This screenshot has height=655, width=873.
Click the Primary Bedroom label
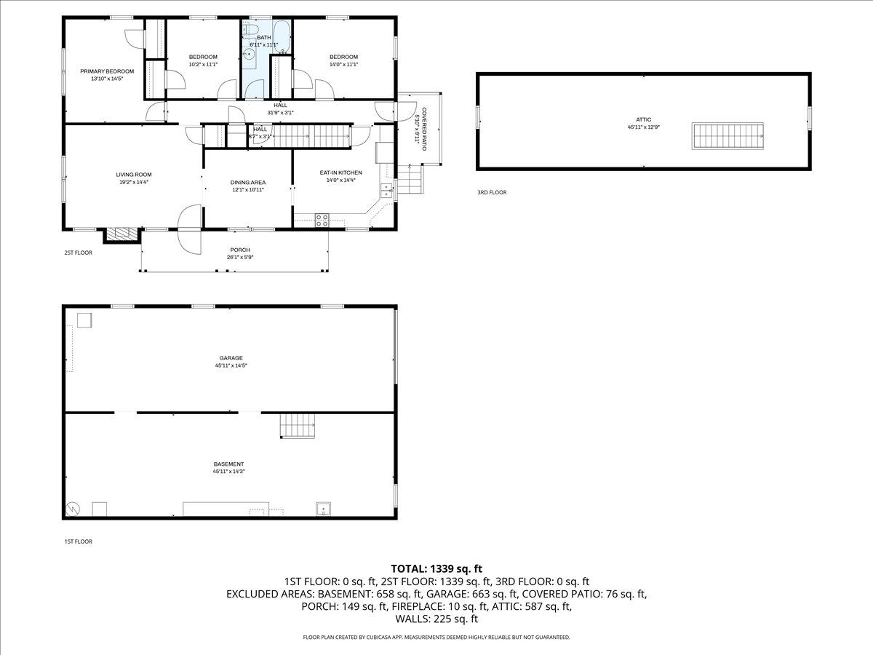(x=107, y=71)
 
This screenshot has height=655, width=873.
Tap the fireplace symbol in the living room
(x=122, y=234)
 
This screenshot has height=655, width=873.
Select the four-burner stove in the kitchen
(x=322, y=219)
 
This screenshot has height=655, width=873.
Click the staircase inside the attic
(x=728, y=135)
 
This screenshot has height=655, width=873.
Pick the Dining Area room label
(x=247, y=183)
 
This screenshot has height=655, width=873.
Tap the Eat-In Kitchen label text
(x=340, y=173)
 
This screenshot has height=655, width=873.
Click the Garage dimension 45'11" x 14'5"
(x=231, y=365)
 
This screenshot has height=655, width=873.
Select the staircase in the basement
(x=298, y=425)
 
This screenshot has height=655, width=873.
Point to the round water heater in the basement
(x=73, y=509)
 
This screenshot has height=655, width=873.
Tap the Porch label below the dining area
(x=239, y=250)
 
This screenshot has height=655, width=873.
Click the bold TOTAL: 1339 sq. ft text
(x=436, y=568)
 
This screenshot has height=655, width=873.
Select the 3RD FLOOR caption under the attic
(x=492, y=193)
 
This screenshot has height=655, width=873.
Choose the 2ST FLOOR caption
(x=78, y=253)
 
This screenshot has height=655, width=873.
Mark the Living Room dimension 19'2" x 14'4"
(x=133, y=182)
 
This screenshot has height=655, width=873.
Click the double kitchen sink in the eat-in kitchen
(x=386, y=193)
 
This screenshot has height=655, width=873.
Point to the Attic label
(x=643, y=119)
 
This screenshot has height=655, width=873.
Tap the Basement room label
(x=228, y=464)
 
